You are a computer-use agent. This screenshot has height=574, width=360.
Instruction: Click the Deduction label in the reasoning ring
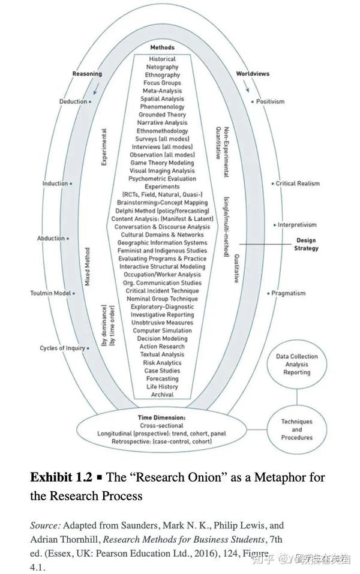(x=73, y=101)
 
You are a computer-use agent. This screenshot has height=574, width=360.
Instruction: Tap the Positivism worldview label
(x=270, y=101)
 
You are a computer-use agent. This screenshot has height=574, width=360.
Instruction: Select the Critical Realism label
(x=298, y=184)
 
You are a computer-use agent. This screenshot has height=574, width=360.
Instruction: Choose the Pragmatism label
(x=288, y=293)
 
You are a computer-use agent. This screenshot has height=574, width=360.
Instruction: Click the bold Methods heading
(x=162, y=47)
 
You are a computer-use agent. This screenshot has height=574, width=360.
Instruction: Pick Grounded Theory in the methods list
(x=162, y=115)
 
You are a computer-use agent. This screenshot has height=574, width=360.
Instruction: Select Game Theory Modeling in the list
(x=162, y=163)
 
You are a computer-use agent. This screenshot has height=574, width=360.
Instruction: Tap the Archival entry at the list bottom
(x=162, y=395)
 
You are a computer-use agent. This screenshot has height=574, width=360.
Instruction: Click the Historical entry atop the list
(x=162, y=59)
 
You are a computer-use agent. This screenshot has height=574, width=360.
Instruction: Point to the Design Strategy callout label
(x=306, y=244)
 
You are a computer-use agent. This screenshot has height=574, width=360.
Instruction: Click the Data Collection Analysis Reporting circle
(x=296, y=364)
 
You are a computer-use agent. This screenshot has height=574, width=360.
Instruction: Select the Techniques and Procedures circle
(x=296, y=429)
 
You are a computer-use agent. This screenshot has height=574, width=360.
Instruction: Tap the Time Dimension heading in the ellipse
(x=161, y=417)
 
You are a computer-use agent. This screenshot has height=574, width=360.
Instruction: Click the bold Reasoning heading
(x=87, y=74)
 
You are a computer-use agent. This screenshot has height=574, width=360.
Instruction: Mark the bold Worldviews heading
(x=253, y=74)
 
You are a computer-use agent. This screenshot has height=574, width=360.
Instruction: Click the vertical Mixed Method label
(x=88, y=266)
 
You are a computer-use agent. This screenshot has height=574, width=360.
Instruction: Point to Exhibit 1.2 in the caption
(x=61, y=477)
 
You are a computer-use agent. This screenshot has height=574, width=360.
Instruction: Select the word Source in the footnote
(x=45, y=525)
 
